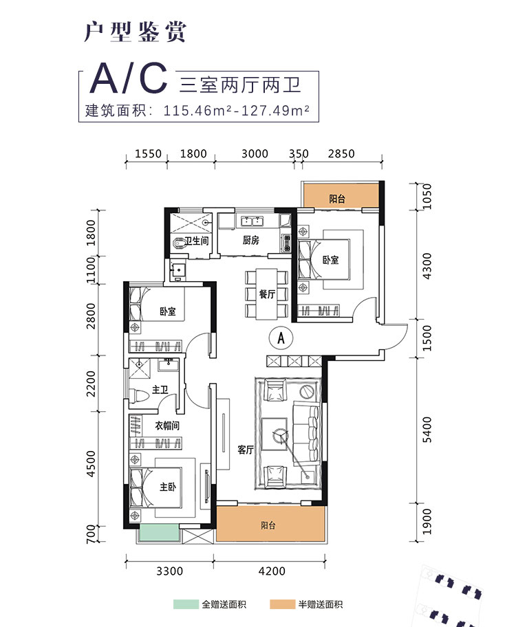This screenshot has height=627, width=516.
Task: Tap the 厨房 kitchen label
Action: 250,241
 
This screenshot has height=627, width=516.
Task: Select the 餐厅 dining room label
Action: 268,294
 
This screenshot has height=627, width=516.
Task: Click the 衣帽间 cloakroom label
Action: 166,426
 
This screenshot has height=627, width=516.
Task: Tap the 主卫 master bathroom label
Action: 160,390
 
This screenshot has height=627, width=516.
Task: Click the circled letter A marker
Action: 279,338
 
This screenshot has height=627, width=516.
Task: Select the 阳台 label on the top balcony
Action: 337,199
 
